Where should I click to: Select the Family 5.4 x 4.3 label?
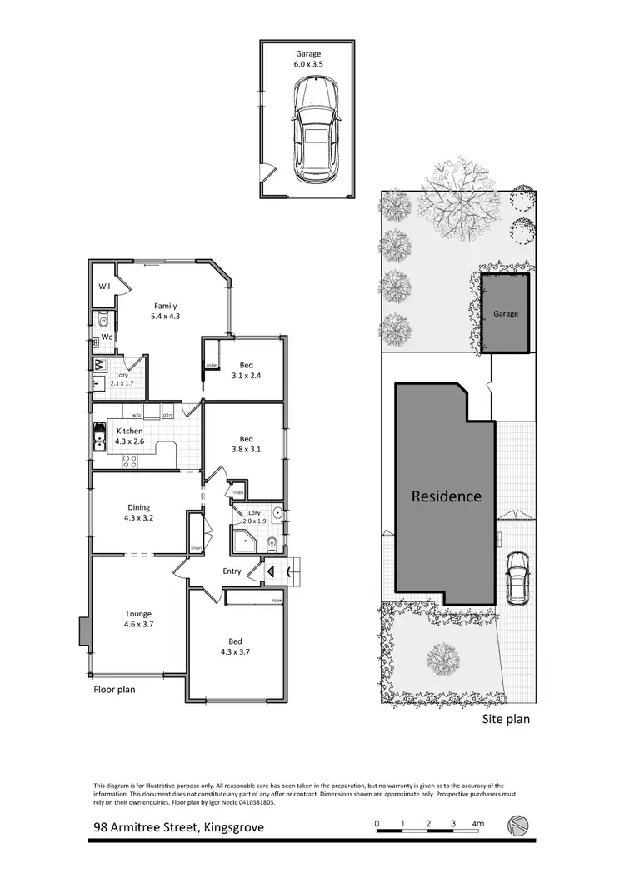pyautogui.click(x=165, y=312)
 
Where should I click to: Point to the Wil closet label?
pyautogui.click(x=105, y=287)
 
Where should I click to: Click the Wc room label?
pyautogui.click(x=107, y=337)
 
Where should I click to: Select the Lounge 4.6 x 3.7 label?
pyautogui.click(x=138, y=619)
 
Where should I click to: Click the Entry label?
pyautogui.click(x=232, y=571)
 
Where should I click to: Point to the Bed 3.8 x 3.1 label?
pyautogui.click(x=247, y=445)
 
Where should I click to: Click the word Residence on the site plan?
pyautogui.click(x=447, y=496)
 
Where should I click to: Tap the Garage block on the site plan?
pyautogui.click(x=505, y=314)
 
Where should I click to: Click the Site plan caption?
pyautogui.click(x=506, y=719)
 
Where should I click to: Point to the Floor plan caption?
pyautogui.click(x=114, y=689)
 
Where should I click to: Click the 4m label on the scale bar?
pyautogui.click(x=477, y=824)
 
